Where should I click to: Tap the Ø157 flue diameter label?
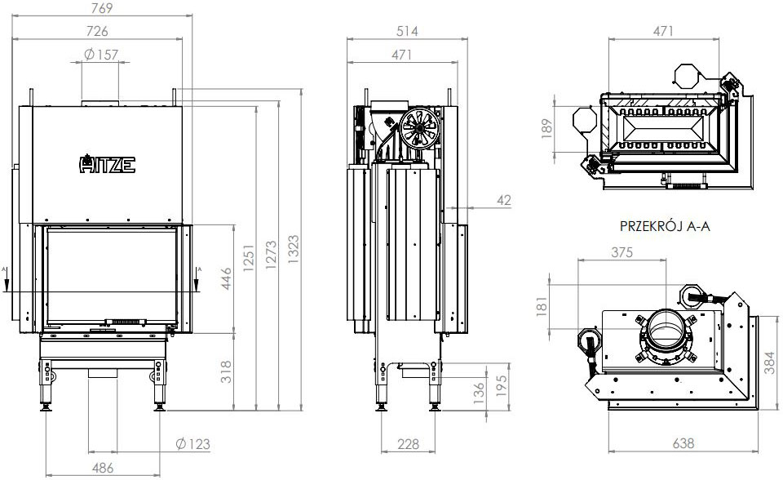point(102,55)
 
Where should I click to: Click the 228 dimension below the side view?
point(409,444)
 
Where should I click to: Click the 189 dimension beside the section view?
point(547,128)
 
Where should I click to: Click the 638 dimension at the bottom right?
point(683,444)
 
